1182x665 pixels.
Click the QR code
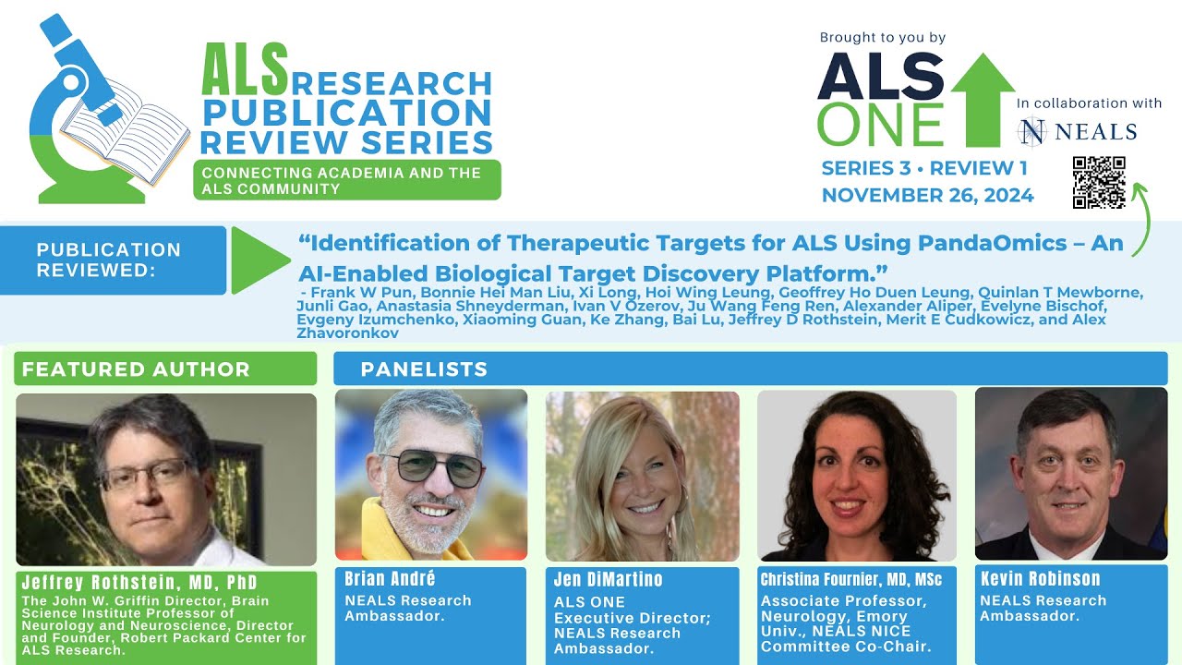tap(1099, 182)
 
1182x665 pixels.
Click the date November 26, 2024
tap(927, 195)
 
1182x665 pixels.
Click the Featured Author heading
tap(136, 369)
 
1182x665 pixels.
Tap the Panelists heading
tap(424, 369)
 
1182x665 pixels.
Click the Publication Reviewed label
tap(108, 260)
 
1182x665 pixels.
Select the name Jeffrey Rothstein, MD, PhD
tap(139, 583)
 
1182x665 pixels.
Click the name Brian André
tap(390, 579)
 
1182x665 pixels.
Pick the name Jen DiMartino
tap(608, 580)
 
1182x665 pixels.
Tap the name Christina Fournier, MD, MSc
tap(850, 580)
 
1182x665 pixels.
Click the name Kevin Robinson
tap(1040, 579)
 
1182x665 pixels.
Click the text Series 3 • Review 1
tap(924, 168)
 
